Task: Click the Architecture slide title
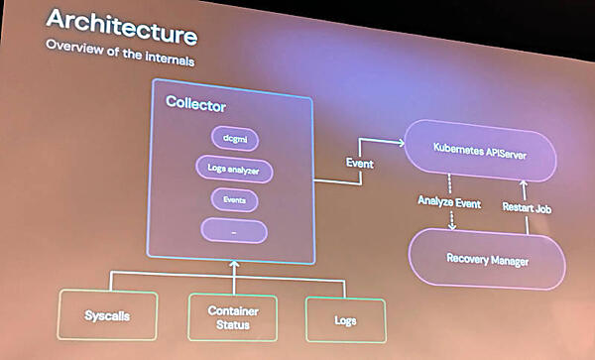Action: pos(121,26)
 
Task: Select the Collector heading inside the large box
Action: pos(196,103)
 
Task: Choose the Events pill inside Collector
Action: pos(234,200)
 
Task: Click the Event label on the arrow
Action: pos(358,162)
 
